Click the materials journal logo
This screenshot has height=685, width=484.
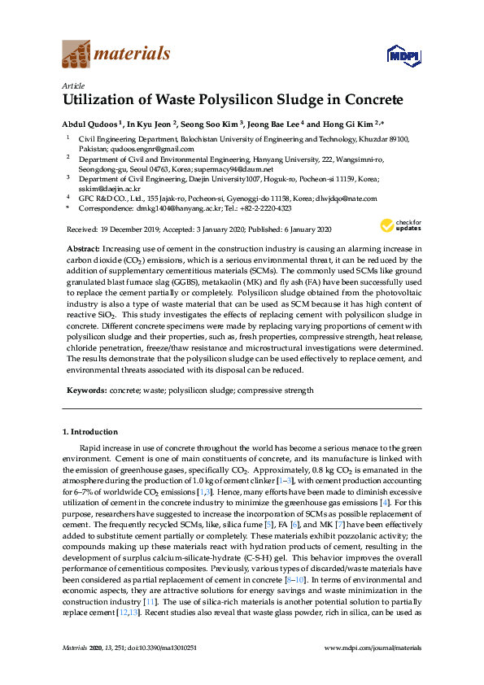pos(116,55)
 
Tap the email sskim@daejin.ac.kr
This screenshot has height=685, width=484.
pos(104,188)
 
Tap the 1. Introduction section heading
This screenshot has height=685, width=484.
pos(90,432)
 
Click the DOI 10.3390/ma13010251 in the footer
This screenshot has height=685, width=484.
pos(162,648)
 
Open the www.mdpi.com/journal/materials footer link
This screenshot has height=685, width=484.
pos(373,648)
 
